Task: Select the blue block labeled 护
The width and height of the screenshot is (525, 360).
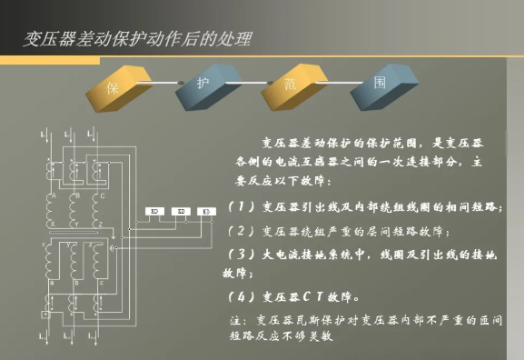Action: [202, 84]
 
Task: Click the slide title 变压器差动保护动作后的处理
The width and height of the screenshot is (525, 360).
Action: [136, 38]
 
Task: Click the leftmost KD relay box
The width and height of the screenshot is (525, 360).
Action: [155, 212]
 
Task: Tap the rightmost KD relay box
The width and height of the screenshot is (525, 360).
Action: [207, 212]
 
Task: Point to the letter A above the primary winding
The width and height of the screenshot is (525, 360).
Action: [54, 195]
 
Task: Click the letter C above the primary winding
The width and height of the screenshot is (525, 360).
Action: [102, 195]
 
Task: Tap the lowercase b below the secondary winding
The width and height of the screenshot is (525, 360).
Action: [75, 283]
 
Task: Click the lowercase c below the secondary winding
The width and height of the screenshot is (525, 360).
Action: [100, 283]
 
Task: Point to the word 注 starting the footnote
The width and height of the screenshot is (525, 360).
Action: [239, 320]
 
